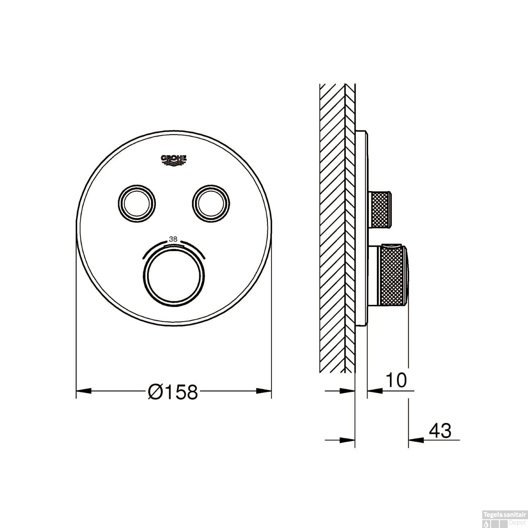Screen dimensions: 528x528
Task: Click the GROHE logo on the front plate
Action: tap(174, 159)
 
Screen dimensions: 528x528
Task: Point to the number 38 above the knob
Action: tap(173, 239)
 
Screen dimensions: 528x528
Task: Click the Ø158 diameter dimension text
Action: tap(173, 391)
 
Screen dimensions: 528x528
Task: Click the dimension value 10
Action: tap(396, 380)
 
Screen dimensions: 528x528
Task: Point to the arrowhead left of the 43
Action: tap(415, 440)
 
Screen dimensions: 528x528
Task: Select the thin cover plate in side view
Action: tap(361, 229)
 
